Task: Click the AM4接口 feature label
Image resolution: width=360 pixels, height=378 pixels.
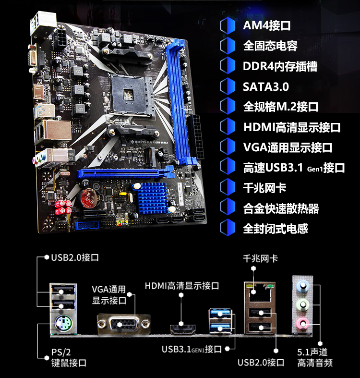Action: [x=266, y=25]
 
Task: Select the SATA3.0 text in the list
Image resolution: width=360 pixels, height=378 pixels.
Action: [x=265, y=87]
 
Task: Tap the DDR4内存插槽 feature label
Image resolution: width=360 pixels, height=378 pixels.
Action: [x=280, y=66]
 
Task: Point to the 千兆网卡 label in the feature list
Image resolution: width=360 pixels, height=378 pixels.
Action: [x=264, y=188]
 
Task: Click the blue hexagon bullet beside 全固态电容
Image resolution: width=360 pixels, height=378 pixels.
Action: [x=228, y=46]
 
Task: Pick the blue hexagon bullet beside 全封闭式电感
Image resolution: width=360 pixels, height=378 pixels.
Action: [x=228, y=228]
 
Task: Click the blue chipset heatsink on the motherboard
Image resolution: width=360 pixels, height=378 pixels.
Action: [x=153, y=198]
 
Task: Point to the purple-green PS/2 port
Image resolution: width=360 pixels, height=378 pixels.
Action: [x=63, y=324]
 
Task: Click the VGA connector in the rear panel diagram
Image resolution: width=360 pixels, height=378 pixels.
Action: [x=124, y=324]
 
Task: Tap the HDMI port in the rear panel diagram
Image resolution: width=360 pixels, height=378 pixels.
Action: [x=183, y=329]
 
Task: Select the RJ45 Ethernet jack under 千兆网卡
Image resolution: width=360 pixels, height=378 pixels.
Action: [x=260, y=292]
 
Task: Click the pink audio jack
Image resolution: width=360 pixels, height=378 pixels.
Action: [x=303, y=324]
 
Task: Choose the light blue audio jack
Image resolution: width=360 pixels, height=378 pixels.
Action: [x=303, y=286]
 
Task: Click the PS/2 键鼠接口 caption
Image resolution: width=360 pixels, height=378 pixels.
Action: [x=69, y=357]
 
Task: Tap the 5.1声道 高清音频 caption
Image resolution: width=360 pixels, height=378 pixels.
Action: [x=315, y=357]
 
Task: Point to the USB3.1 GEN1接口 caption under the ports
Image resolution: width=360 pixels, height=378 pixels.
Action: [x=192, y=349]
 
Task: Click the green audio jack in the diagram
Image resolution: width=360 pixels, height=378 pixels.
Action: [x=303, y=305]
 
